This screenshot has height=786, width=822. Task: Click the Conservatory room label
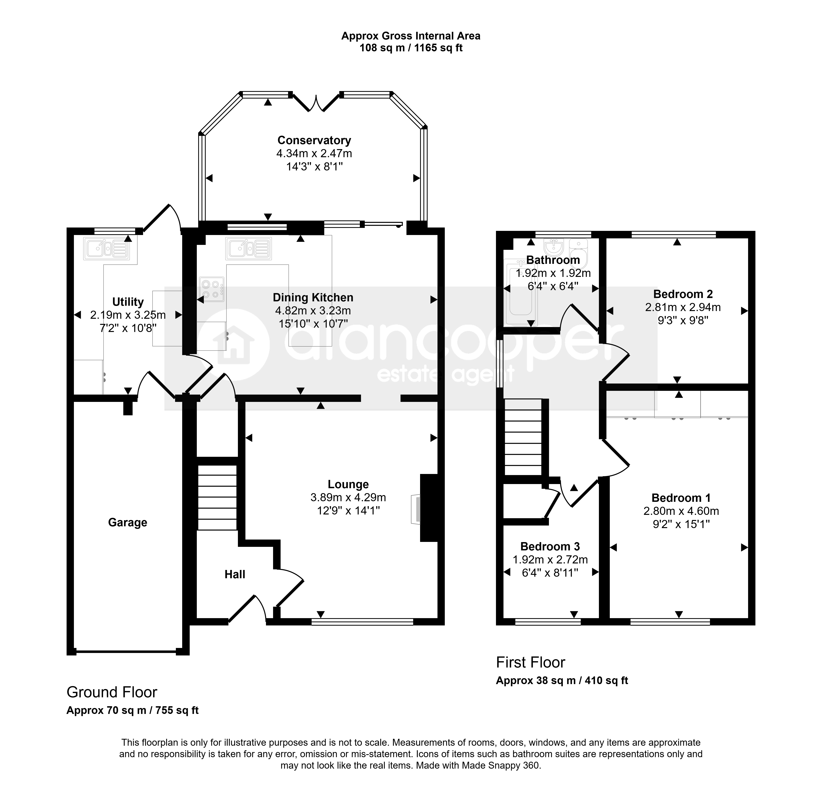pos(314,140)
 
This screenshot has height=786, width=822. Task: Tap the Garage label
pos(127,523)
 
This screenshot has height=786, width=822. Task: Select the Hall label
pos(235,574)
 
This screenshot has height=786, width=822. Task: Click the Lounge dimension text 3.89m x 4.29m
pos(348,497)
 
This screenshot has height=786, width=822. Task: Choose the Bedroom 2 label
pos(683,294)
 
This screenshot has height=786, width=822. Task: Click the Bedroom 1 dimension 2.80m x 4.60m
pos(681,511)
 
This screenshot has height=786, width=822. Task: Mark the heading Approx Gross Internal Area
pos(411,36)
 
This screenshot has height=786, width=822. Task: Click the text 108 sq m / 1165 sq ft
pos(411,48)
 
